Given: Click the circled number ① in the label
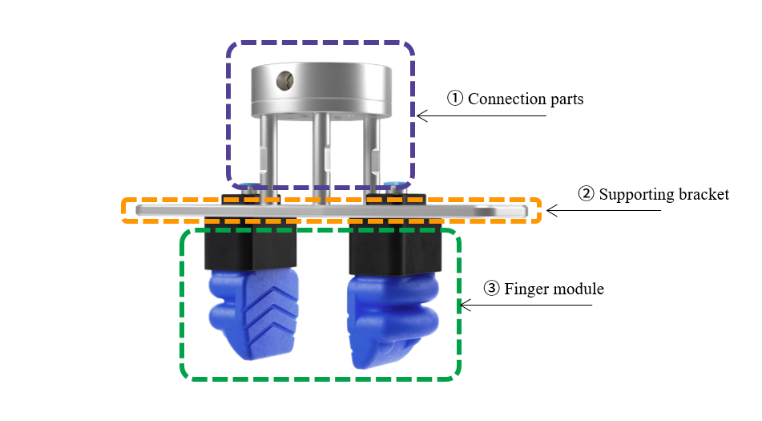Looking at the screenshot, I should click(455, 99).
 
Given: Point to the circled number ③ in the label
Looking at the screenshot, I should click(493, 289).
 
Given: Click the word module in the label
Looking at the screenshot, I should click(578, 289).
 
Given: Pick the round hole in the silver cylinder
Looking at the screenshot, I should click(283, 79).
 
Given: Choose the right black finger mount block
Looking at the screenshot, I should click(396, 248).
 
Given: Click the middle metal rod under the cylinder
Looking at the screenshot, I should click(321, 156).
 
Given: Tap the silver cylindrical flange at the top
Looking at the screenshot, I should click(321, 88).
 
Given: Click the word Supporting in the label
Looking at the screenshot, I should click(638, 194).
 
